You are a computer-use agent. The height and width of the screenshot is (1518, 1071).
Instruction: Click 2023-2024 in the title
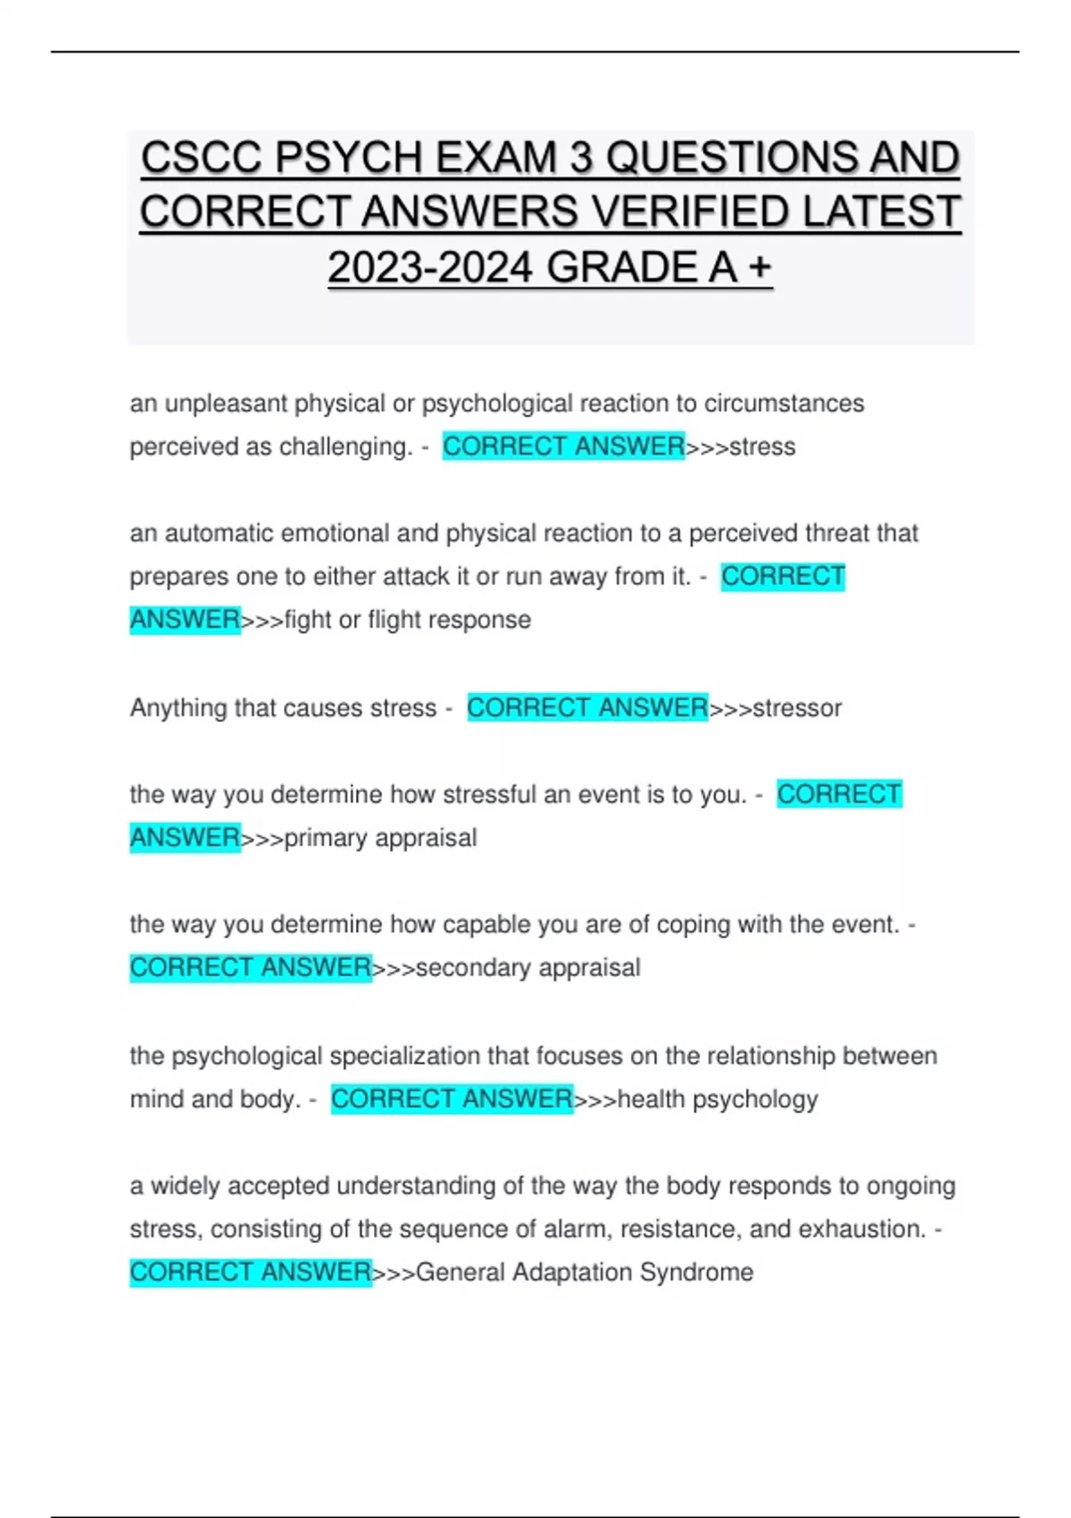430,267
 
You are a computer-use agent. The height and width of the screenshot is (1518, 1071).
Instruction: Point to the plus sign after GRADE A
760,267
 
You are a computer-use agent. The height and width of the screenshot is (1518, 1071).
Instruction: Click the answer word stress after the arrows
762,446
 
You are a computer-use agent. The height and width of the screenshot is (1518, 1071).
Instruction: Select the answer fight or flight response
407,620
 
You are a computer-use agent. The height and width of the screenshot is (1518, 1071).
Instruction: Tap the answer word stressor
797,708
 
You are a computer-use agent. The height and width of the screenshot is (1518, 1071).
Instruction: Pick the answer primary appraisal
380,838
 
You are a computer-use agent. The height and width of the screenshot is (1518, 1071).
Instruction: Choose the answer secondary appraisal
527,968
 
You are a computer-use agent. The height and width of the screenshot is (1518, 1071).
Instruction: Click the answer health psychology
718,1099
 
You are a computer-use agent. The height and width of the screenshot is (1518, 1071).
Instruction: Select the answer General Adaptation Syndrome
585,1272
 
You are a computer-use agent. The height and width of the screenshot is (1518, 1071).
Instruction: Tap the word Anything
178,708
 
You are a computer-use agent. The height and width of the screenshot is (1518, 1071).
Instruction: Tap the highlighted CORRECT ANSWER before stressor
587,708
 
